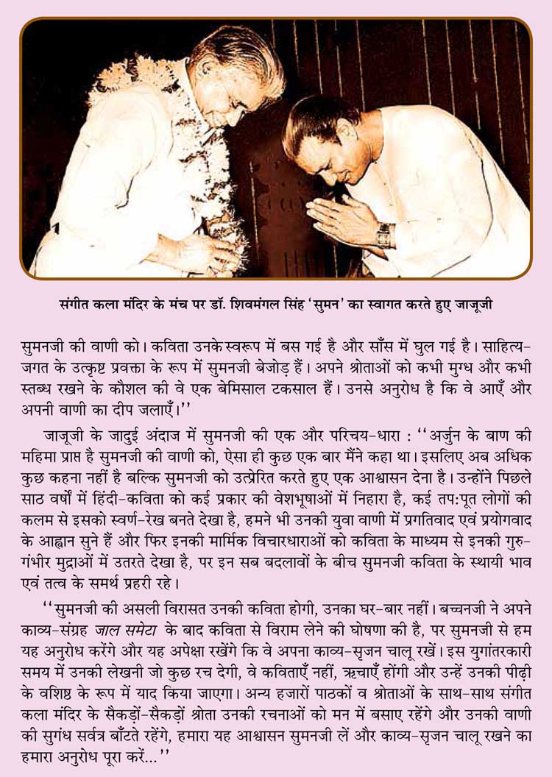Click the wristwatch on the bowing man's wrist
coord(384,235)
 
